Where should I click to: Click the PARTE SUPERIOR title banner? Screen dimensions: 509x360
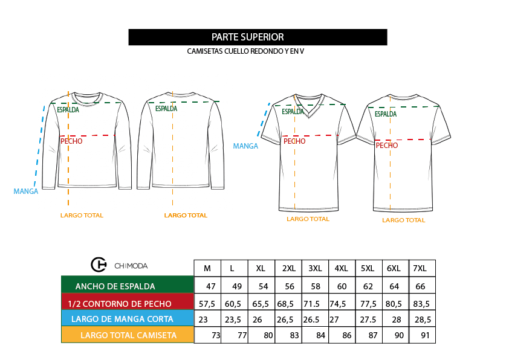(x=258, y=37)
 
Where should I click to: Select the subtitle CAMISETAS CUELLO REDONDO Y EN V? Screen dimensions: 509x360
(x=245, y=51)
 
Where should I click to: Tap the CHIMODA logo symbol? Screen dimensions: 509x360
(x=99, y=265)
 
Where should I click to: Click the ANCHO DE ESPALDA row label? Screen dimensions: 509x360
(x=115, y=286)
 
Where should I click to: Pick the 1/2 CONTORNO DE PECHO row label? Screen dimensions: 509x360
(x=120, y=304)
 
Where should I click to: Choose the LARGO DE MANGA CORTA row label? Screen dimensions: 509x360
(x=122, y=319)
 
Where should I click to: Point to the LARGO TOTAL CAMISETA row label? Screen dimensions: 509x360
(x=129, y=335)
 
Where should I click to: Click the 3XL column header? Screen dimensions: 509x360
(x=315, y=269)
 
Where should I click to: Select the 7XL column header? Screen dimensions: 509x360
(x=420, y=269)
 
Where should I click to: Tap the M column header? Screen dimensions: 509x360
(x=207, y=269)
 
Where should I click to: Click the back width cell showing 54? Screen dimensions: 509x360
(x=263, y=286)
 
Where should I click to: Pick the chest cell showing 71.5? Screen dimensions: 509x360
(x=312, y=304)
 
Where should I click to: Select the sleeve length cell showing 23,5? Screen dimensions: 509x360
(x=233, y=320)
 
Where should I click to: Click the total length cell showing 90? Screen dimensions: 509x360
(x=399, y=335)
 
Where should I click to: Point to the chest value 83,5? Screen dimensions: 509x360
(x=421, y=304)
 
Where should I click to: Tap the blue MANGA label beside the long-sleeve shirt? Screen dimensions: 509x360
(x=25, y=191)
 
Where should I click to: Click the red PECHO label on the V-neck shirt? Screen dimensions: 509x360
(x=294, y=141)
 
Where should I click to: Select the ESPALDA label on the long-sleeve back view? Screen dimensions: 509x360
(x=166, y=109)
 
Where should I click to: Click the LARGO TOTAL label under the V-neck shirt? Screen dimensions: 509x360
(x=308, y=219)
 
